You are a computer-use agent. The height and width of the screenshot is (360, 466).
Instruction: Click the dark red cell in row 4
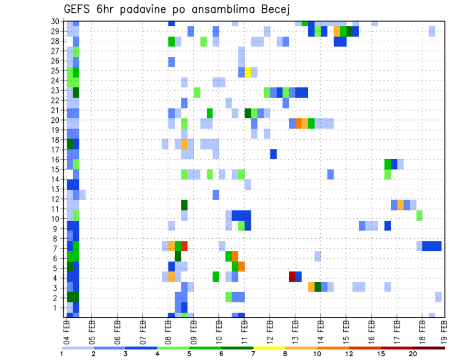[x=292, y=277]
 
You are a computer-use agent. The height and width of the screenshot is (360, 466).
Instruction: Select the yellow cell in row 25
[x=248, y=72]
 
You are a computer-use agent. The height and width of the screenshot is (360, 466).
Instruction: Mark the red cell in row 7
[x=184, y=246]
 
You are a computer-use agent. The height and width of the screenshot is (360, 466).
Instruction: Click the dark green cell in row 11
[x=184, y=205]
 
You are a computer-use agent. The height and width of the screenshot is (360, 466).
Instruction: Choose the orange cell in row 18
[x=184, y=144]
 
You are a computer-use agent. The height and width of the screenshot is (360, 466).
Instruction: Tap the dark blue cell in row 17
[x=273, y=154]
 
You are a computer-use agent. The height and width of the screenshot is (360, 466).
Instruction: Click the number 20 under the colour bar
[x=413, y=354]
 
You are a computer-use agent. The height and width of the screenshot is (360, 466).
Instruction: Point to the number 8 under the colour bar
[x=285, y=354]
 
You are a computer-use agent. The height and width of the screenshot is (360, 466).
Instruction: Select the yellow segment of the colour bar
[x=269, y=347]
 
